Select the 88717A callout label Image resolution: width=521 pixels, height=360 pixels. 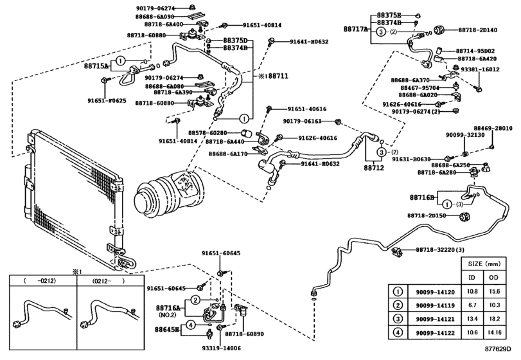(357, 30)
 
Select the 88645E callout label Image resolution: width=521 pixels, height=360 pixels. (168, 329)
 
